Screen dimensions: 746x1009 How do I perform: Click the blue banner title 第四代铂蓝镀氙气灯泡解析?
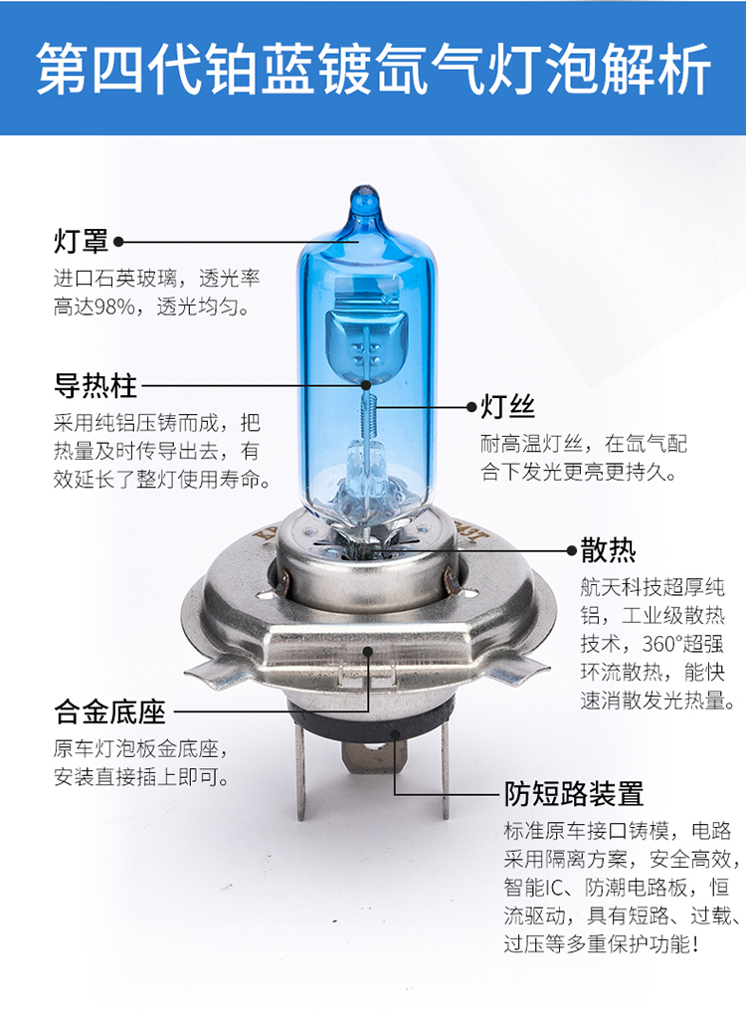click(373, 70)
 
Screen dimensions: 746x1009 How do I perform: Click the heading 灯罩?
click(81, 242)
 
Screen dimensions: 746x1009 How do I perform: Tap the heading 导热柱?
click(95, 385)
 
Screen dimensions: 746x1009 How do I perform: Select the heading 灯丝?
click(508, 407)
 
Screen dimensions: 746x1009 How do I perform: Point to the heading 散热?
click(608, 550)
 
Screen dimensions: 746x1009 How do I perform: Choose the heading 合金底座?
click(109, 711)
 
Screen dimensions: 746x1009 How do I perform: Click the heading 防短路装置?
click(574, 793)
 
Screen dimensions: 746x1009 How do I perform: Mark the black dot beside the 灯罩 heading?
click(118, 242)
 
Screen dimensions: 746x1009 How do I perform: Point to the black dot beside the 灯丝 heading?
click(472, 407)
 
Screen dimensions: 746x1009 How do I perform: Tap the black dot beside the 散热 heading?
click(572, 551)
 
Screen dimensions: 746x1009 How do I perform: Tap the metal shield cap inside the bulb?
click(363, 341)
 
